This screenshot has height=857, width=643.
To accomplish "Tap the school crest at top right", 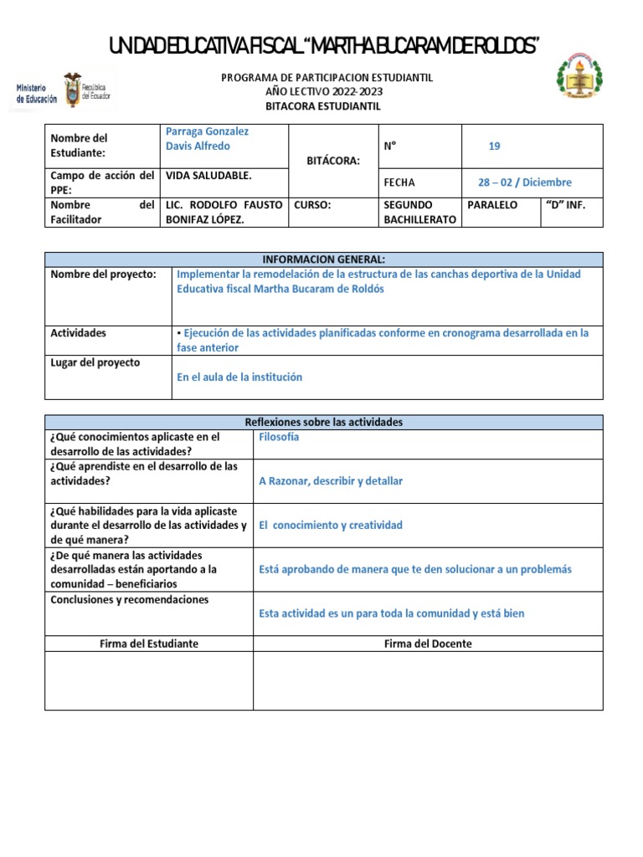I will click(x=579, y=80).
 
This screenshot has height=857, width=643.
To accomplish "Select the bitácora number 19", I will click(x=494, y=146).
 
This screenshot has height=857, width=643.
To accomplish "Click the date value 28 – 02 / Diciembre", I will click(x=524, y=182).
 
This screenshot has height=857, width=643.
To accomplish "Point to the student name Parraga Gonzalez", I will click(x=208, y=131).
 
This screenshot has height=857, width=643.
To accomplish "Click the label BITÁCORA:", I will click(x=332, y=160).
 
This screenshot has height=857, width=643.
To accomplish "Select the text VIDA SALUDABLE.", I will click(x=209, y=176).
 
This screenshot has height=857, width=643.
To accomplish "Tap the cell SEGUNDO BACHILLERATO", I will click(x=419, y=212).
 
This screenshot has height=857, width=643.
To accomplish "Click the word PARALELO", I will click(x=492, y=205).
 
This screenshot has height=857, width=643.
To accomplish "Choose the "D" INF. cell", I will click(x=570, y=205).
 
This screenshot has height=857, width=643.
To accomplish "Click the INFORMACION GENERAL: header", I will click(x=323, y=259).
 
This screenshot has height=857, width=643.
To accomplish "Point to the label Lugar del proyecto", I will click(x=95, y=363).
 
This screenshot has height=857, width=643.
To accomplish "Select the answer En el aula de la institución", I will click(x=239, y=377).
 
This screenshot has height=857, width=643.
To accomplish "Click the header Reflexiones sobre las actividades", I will click(x=323, y=423).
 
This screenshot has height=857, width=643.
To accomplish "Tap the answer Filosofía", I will click(x=279, y=437).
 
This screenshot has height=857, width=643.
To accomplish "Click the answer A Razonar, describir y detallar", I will click(x=331, y=481).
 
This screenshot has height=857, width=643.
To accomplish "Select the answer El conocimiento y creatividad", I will click(x=331, y=526).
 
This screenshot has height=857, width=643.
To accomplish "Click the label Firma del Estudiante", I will click(x=149, y=644).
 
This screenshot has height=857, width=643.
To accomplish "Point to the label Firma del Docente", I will click(x=428, y=644).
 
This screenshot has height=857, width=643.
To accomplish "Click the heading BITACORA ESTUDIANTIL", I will click(x=323, y=106).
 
